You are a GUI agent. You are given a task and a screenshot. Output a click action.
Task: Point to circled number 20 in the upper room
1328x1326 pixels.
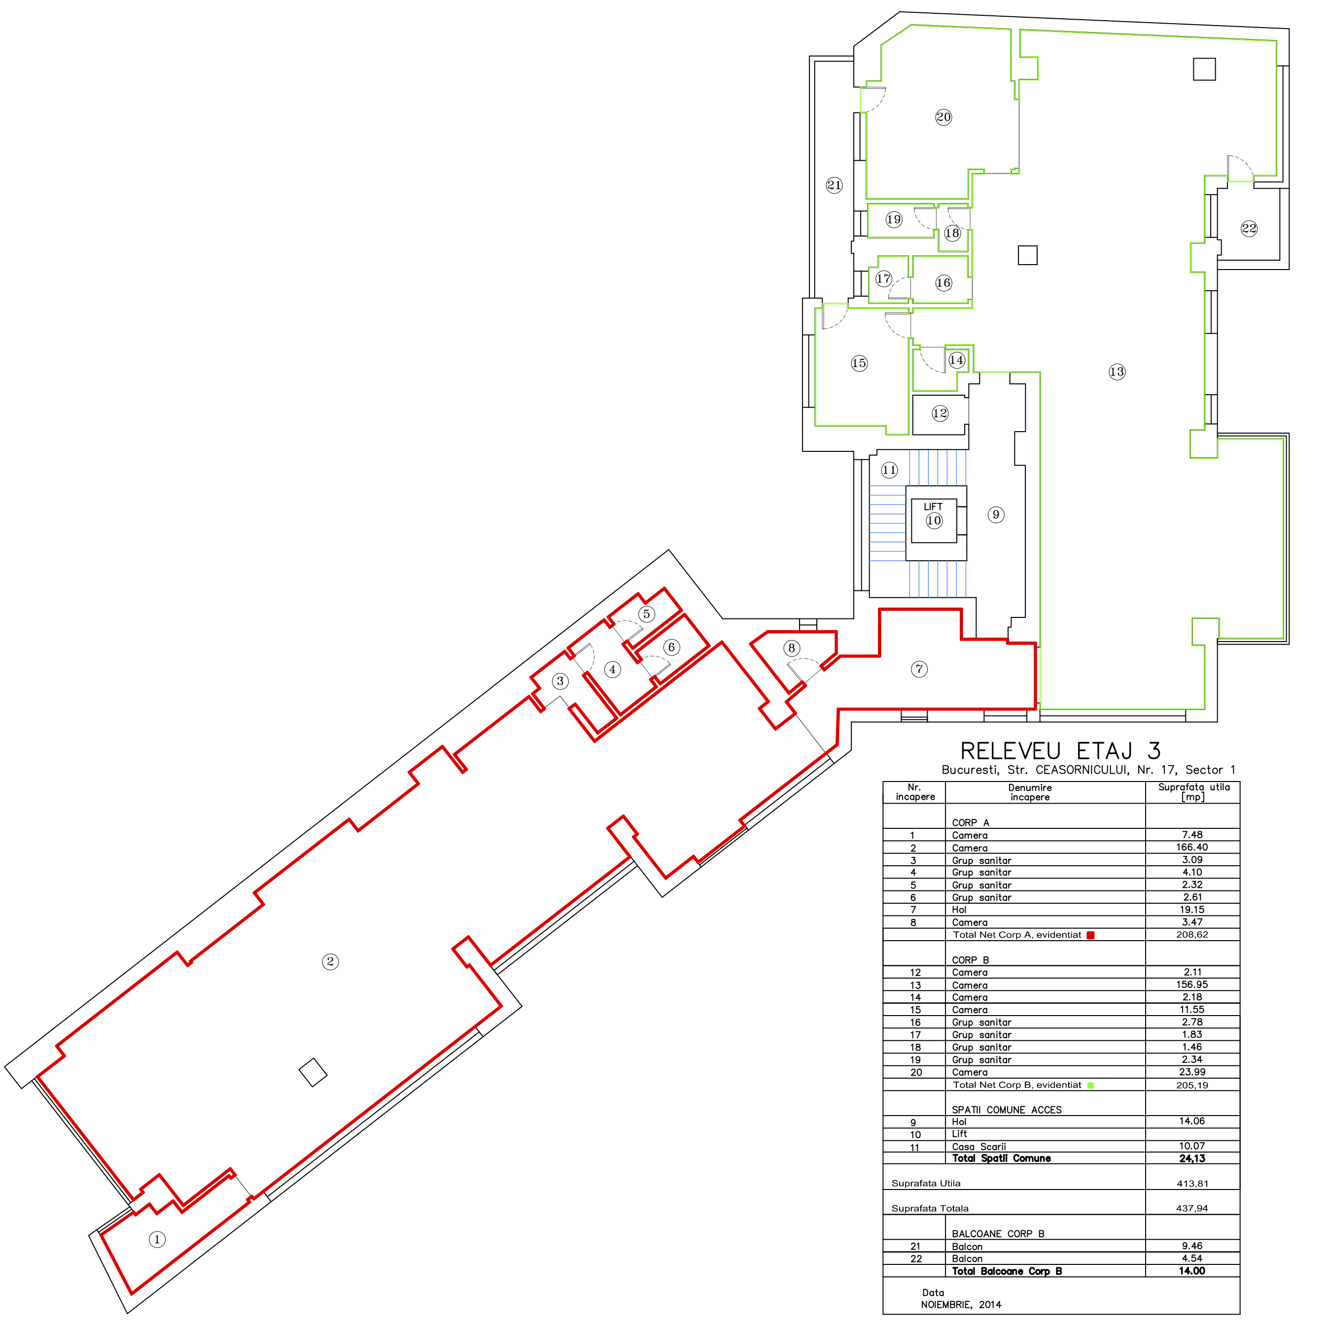pyautogui.click(x=944, y=117)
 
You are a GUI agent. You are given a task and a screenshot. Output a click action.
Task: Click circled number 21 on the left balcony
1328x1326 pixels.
pyautogui.click(x=835, y=185)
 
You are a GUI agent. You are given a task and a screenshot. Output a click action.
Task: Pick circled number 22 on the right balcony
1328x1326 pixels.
pyautogui.click(x=1249, y=228)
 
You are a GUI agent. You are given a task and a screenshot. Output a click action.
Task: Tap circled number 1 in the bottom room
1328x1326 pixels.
pyautogui.click(x=157, y=1239)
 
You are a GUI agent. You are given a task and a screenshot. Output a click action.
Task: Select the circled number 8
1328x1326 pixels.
pyautogui.click(x=792, y=648)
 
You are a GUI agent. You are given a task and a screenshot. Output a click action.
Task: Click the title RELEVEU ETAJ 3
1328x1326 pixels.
pyautogui.click(x=1061, y=751)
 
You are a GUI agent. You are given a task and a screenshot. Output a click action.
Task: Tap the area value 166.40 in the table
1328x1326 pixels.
pyautogui.click(x=1192, y=847)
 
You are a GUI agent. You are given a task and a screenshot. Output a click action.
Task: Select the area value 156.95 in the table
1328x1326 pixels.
pyautogui.click(x=1192, y=985)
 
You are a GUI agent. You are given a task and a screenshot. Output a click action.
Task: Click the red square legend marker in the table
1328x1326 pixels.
pyautogui.click(x=1090, y=935)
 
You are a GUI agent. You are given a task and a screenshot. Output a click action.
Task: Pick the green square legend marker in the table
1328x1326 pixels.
pyautogui.click(x=1090, y=1086)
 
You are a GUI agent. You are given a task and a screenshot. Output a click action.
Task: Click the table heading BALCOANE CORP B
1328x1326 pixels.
pyautogui.click(x=998, y=1233)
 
